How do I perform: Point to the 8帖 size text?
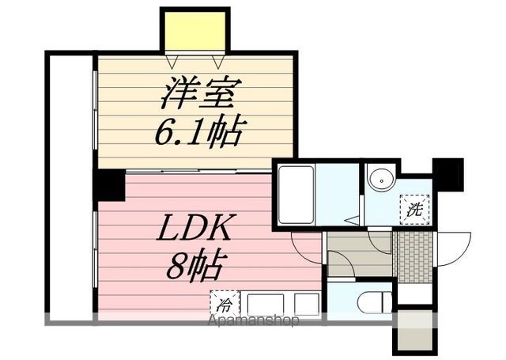pyautogui.click(x=196, y=267)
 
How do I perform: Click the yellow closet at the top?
pyautogui.click(x=194, y=31)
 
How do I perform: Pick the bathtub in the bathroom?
pyautogui.click(x=296, y=195)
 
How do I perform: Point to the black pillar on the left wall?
pyautogui.click(x=108, y=184)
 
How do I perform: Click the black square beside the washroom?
pyautogui.click(x=447, y=172)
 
